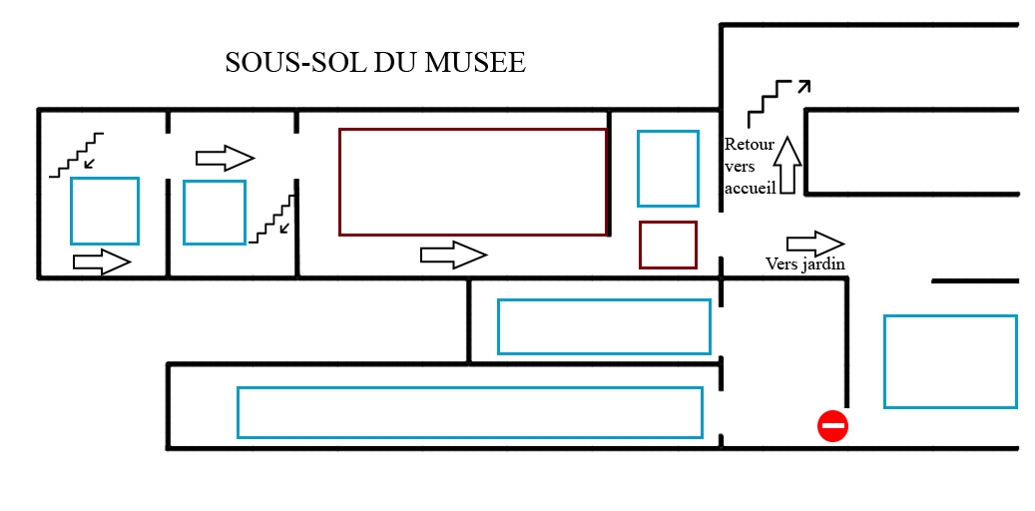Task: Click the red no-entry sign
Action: pyautogui.click(x=832, y=426)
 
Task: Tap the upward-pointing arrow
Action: pyautogui.click(x=788, y=165)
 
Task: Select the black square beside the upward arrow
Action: pyautogui.click(x=750, y=166)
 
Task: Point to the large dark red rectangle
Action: pyautogui.click(x=472, y=182)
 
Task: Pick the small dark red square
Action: pyautogui.click(x=668, y=245)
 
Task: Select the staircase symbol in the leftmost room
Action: pyautogui.click(x=77, y=155)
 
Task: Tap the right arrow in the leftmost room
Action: pyautogui.click(x=102, y=262)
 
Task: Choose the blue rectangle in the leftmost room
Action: pyautogui.click(x=104, y=210)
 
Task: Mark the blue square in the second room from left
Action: pyautogui.click(x=214, y=212)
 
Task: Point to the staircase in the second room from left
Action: pyautogui.click(x=273, y=221)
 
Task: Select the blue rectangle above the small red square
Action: pyautogui.click(x=668, y=168)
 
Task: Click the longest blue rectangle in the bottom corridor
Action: pyautogui.click(x=469, y=411)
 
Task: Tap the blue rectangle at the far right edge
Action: pyautogui.click(x=950, y=361)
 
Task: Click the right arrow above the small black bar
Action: pyautogui.click(x=815, y=244)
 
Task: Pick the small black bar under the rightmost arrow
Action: pyautogui.click(x=804, y=264)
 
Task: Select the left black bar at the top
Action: pyautogui.click(x=295, y=62)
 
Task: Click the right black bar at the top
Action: pyautogui.click(x=449, y=62)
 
